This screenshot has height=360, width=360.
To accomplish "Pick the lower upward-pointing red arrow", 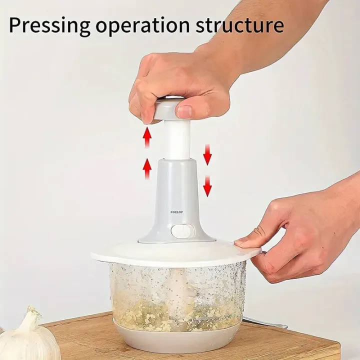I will tap(147, 168).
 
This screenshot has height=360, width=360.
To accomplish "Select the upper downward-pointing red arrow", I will tap(207, 153).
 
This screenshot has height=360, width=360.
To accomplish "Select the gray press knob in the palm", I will tap(168, 107).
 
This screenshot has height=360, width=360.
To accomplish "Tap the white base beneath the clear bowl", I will tap(175, 337).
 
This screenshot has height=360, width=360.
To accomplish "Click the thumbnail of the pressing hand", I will tap(184, 111).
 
